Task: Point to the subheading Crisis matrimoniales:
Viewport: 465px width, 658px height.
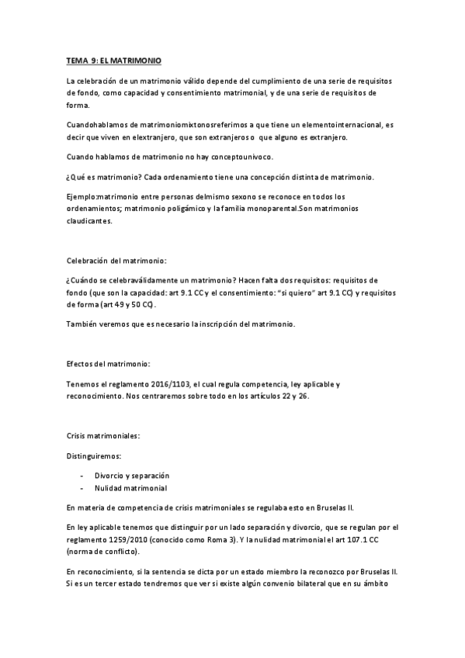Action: (104, 437)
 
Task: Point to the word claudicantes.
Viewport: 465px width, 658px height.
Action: (90, 223)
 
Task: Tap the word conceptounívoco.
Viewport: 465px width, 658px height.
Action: (225, 157)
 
